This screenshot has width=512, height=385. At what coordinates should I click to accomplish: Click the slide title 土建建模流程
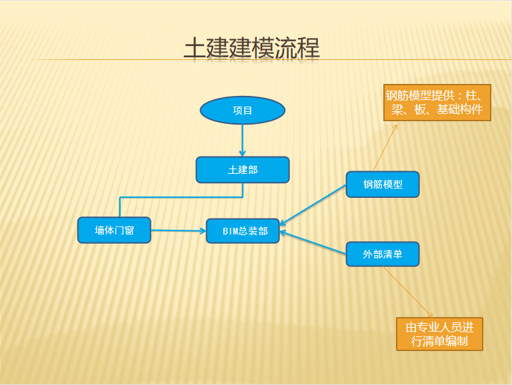252,48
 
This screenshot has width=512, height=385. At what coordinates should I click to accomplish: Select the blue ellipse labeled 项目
243,111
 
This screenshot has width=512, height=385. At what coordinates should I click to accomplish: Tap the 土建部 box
243,170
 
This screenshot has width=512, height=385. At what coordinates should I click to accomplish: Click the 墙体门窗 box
114,230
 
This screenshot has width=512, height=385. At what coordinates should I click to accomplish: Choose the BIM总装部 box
243,231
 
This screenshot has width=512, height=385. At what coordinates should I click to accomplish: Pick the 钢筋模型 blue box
383,185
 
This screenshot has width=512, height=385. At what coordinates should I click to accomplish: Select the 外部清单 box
383,254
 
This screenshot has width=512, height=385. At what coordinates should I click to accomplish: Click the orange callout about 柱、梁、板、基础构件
437,103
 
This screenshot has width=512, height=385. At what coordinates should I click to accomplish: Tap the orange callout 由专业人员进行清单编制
439,334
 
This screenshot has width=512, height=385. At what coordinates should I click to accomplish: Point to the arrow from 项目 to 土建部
242,141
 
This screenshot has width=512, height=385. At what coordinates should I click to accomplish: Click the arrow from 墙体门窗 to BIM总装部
179,230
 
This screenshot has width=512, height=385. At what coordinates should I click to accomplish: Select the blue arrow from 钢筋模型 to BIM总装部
313,204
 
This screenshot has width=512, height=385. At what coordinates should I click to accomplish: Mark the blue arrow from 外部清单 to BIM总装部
313,242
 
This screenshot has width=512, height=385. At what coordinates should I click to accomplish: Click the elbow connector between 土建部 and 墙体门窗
181,197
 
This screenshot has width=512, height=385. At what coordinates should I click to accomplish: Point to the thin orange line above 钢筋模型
385,147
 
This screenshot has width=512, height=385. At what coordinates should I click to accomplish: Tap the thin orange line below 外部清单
408,292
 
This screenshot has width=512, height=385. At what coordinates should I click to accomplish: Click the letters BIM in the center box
230,231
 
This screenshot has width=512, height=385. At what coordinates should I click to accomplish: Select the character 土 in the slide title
195,48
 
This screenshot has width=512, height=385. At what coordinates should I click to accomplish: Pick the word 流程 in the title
297,48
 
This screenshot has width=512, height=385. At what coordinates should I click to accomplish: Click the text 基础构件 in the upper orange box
460,110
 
